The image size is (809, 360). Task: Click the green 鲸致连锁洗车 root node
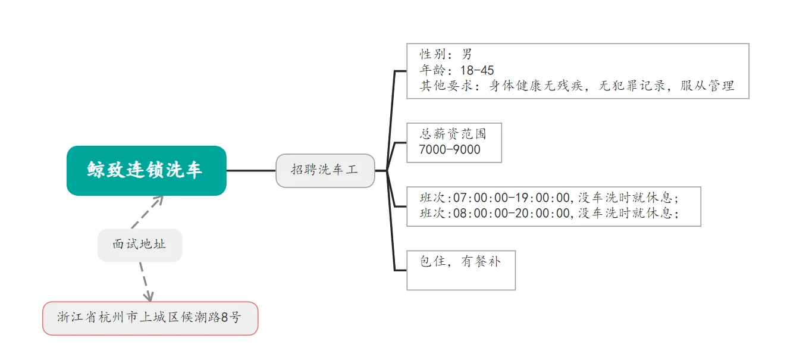[x=146, y=170]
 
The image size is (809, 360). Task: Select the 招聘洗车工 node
[x=325, y=170]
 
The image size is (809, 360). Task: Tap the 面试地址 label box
[x=140, y=245]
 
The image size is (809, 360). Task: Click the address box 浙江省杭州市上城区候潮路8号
[x=150, y=318]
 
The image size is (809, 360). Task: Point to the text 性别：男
[x=446, y=55]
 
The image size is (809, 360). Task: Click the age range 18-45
[x=477, y=70]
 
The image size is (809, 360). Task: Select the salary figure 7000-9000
[x=450, y=150]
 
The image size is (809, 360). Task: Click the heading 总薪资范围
[x=453, y=134]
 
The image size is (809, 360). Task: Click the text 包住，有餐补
[x=460, y=261]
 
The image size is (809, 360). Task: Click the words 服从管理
[x=707, y=86]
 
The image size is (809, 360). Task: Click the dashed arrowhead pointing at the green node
[x=159, y=199]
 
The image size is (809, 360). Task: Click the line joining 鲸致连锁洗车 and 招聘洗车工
[x=251, y=171]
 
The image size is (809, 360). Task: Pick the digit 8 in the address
[x=224, y=318]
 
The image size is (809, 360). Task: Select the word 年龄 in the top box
[x=433, y=70]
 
